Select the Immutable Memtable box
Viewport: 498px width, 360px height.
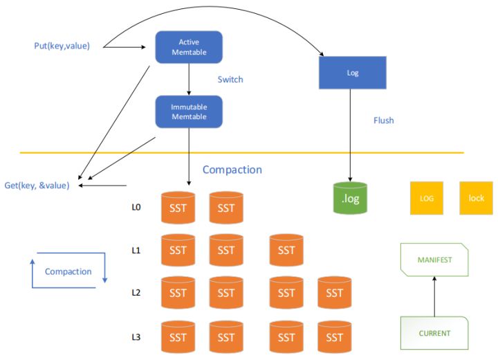pyautogui.click(x=189, y=111)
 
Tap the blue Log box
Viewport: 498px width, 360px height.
pyautogui.click(x=353, y=72)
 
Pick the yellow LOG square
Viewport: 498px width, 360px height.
pyautogui.click(x=427, y=198)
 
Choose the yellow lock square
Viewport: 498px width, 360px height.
pyautogui.click(x=476, y=198)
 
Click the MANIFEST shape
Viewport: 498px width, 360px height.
pyautogui.click(x=434, y=260)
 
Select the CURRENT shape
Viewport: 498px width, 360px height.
pyautogui.click(x=434, y=332)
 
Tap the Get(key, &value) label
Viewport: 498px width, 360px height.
pyautogui.click(x=37, y=185)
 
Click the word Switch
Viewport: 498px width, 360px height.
pyautogui.click(x=230, y=80)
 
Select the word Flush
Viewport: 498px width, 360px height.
pyautogui.click(x=383, y=120)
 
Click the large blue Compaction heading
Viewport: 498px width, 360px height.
pyautogui.click(x=232, y=170)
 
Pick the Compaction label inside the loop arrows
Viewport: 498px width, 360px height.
pyautogui.click(x=68, y=271)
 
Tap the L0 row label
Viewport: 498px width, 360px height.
pyautogui.click(x=136, y=206)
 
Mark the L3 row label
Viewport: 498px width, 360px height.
pyautogui.click(x=136, y=336)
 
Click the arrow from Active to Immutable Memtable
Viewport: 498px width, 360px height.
pyautogui.click(x=189, y=78)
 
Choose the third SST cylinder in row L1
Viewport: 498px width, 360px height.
pyautogui.click(x=286, y=250)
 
